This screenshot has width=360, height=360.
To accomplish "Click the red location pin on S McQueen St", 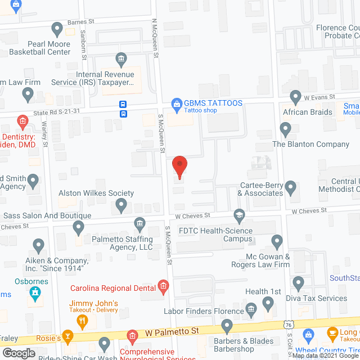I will click(x=179, y=166).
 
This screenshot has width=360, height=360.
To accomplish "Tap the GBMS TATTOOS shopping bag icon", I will click(x=177, y=103).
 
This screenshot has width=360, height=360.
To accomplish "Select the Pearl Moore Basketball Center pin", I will click(x=57, y=28).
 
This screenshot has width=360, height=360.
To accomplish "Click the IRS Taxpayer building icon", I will click(x=121, y=58).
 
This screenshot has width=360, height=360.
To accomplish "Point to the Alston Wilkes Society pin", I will click(x=121, y=207).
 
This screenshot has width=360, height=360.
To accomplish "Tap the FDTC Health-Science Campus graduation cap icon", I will click(x=240, y=215).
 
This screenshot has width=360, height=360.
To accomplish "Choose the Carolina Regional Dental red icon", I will click(x=163, y=286).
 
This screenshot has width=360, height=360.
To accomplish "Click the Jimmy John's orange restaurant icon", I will click(x=83, y=321).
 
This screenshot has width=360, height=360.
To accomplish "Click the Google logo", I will click(x=19, y=352).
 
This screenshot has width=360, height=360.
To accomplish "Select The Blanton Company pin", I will click(x=286, y=130).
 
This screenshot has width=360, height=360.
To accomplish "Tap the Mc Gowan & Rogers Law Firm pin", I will click(x=276, y=242).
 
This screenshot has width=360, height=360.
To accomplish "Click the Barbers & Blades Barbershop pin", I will click(x=227, y=325).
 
